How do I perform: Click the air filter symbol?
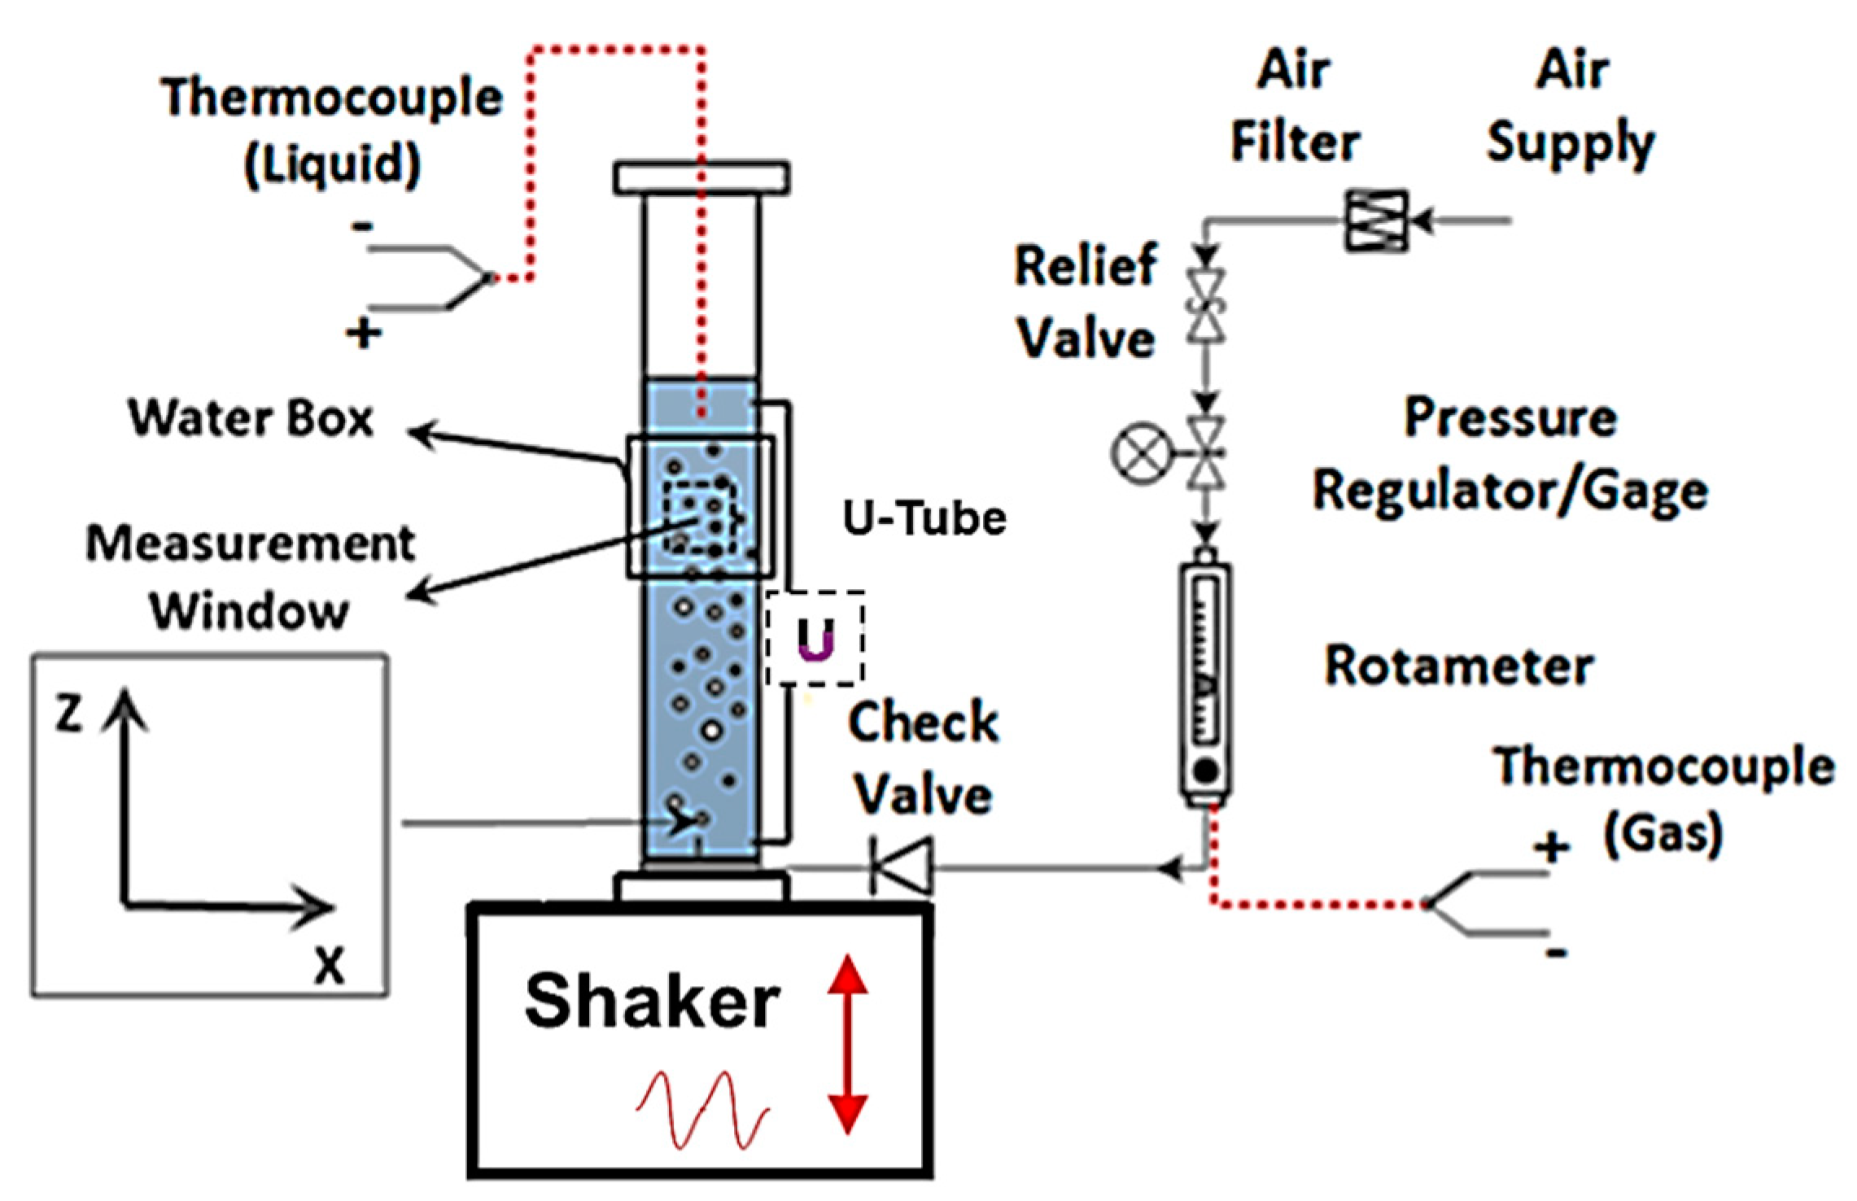(x=1376, y=221)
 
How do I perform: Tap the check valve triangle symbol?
(x=901, y=867)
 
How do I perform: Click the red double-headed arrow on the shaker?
(x=847, y=1045)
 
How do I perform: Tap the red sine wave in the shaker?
(x=701, y=1110)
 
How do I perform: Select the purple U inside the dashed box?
(x=815, y=640)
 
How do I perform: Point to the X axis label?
(x=330, y=967)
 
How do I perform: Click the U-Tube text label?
(x=924, y=518)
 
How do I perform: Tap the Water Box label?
(x=251, y=420)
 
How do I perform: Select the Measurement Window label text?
(x=251, y=577)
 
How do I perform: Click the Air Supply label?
(x=1571, y=106)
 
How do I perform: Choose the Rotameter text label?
(x=1458, y=666)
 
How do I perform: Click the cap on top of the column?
(x=701, y=178)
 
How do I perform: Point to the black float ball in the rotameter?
(x=1206, y=770)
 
